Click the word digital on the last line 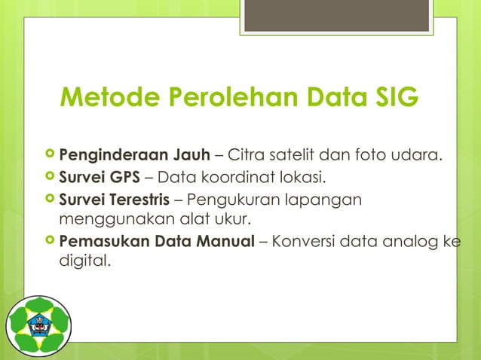[82, 263]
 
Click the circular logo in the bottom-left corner [38, 326]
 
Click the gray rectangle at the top [337, 16]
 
